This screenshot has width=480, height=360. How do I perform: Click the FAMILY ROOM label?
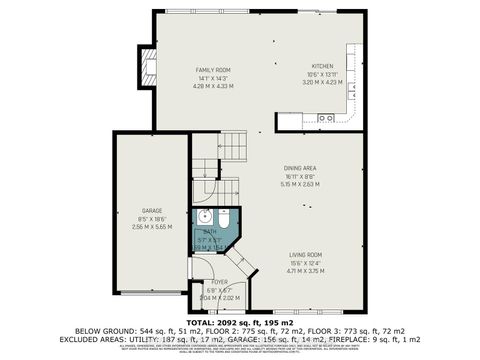pyautogui.click(x=211, y=69)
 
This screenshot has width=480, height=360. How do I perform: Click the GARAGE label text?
pyautogui.click(x=151, y=210)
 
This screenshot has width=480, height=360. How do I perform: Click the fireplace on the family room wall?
pyautogui.click(x=150, y=70)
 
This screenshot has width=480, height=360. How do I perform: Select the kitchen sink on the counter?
pyautogui.click(x=325, y=118)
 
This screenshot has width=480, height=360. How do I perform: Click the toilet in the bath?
pyautogui.click(x=223, y=217)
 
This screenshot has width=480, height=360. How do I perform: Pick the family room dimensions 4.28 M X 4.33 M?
pyautogui.click(x=211, y=86)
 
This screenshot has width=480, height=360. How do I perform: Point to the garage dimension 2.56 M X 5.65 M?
pyautogui.click(x=151, y=227)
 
